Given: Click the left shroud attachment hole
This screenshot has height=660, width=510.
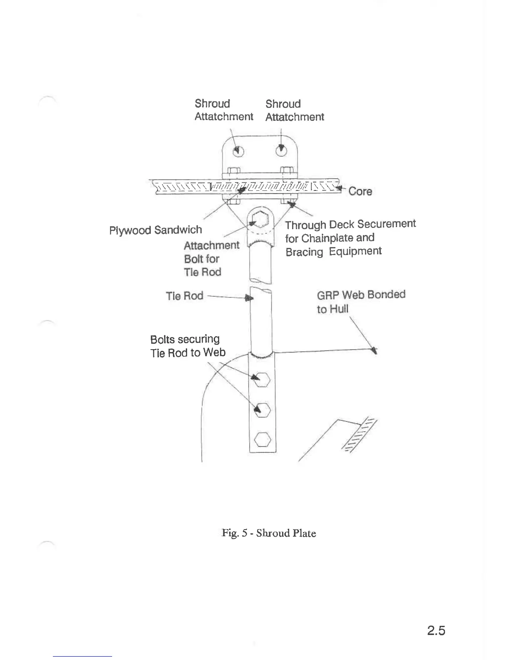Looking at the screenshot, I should coord(238,151).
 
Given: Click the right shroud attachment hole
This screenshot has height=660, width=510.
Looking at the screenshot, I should coord(282,150).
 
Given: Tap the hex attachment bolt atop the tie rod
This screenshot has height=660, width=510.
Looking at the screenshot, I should coord(259,219).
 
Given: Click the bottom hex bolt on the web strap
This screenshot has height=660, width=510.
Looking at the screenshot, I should coord(263,439).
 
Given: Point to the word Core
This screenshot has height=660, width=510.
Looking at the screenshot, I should coord(360,192).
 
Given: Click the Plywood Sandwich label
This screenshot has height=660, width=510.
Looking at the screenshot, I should coord(155,230).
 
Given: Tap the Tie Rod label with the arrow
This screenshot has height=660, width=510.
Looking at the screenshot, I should coord(184,296).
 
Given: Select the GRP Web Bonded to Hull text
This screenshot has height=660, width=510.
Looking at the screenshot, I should coord(360,302).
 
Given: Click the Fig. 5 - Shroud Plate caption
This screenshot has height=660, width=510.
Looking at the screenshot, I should coord(269,533).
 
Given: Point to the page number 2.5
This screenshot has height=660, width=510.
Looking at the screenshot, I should coord(436,631).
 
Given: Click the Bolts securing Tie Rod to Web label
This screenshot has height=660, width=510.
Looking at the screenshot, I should coord(187,346).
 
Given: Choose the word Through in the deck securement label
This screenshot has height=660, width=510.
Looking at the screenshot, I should coord(305,225).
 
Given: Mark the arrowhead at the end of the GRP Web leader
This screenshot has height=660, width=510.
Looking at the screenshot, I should coord(375,350).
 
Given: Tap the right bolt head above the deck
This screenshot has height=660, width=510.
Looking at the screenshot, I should coord(287,170).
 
